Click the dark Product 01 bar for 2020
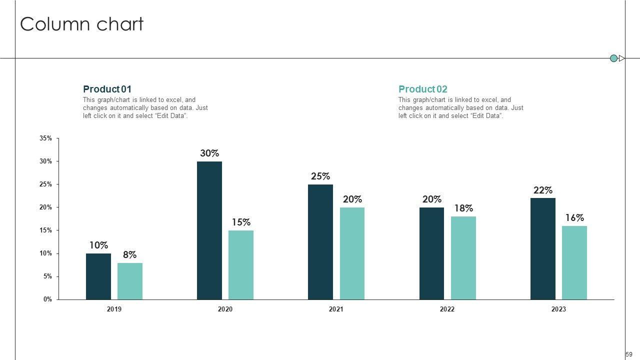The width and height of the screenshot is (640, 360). tap(209, 230)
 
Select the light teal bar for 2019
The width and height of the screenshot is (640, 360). tap(130, 281)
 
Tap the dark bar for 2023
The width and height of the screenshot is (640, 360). tap(542, 248)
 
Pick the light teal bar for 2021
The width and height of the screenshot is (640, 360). tap(352, 253)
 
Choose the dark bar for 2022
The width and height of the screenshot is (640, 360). tap(431, 253)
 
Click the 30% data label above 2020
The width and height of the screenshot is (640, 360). tap(209, 153)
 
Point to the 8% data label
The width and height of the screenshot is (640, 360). tap(130, 255)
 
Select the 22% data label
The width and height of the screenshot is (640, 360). tap(542, 190)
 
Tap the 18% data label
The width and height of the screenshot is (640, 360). tap(463, 208)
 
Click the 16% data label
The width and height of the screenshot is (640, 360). tap(574, 218)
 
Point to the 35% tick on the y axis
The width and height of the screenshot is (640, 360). tap(45, 138)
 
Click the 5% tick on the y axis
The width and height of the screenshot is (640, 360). tap(47, 276)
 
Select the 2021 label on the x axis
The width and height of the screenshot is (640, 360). tap(336, 309)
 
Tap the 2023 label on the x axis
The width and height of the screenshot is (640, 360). tap(558, 309)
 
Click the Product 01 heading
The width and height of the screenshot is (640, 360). tap(107, 89)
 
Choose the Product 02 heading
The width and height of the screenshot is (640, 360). tap(422, 89)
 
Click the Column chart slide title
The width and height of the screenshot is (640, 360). tap(81, 24)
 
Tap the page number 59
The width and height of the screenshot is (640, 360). tap(629, 354)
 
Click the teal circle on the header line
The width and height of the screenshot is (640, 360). tap(613, 58)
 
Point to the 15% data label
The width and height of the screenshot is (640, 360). tap(241, 222)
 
